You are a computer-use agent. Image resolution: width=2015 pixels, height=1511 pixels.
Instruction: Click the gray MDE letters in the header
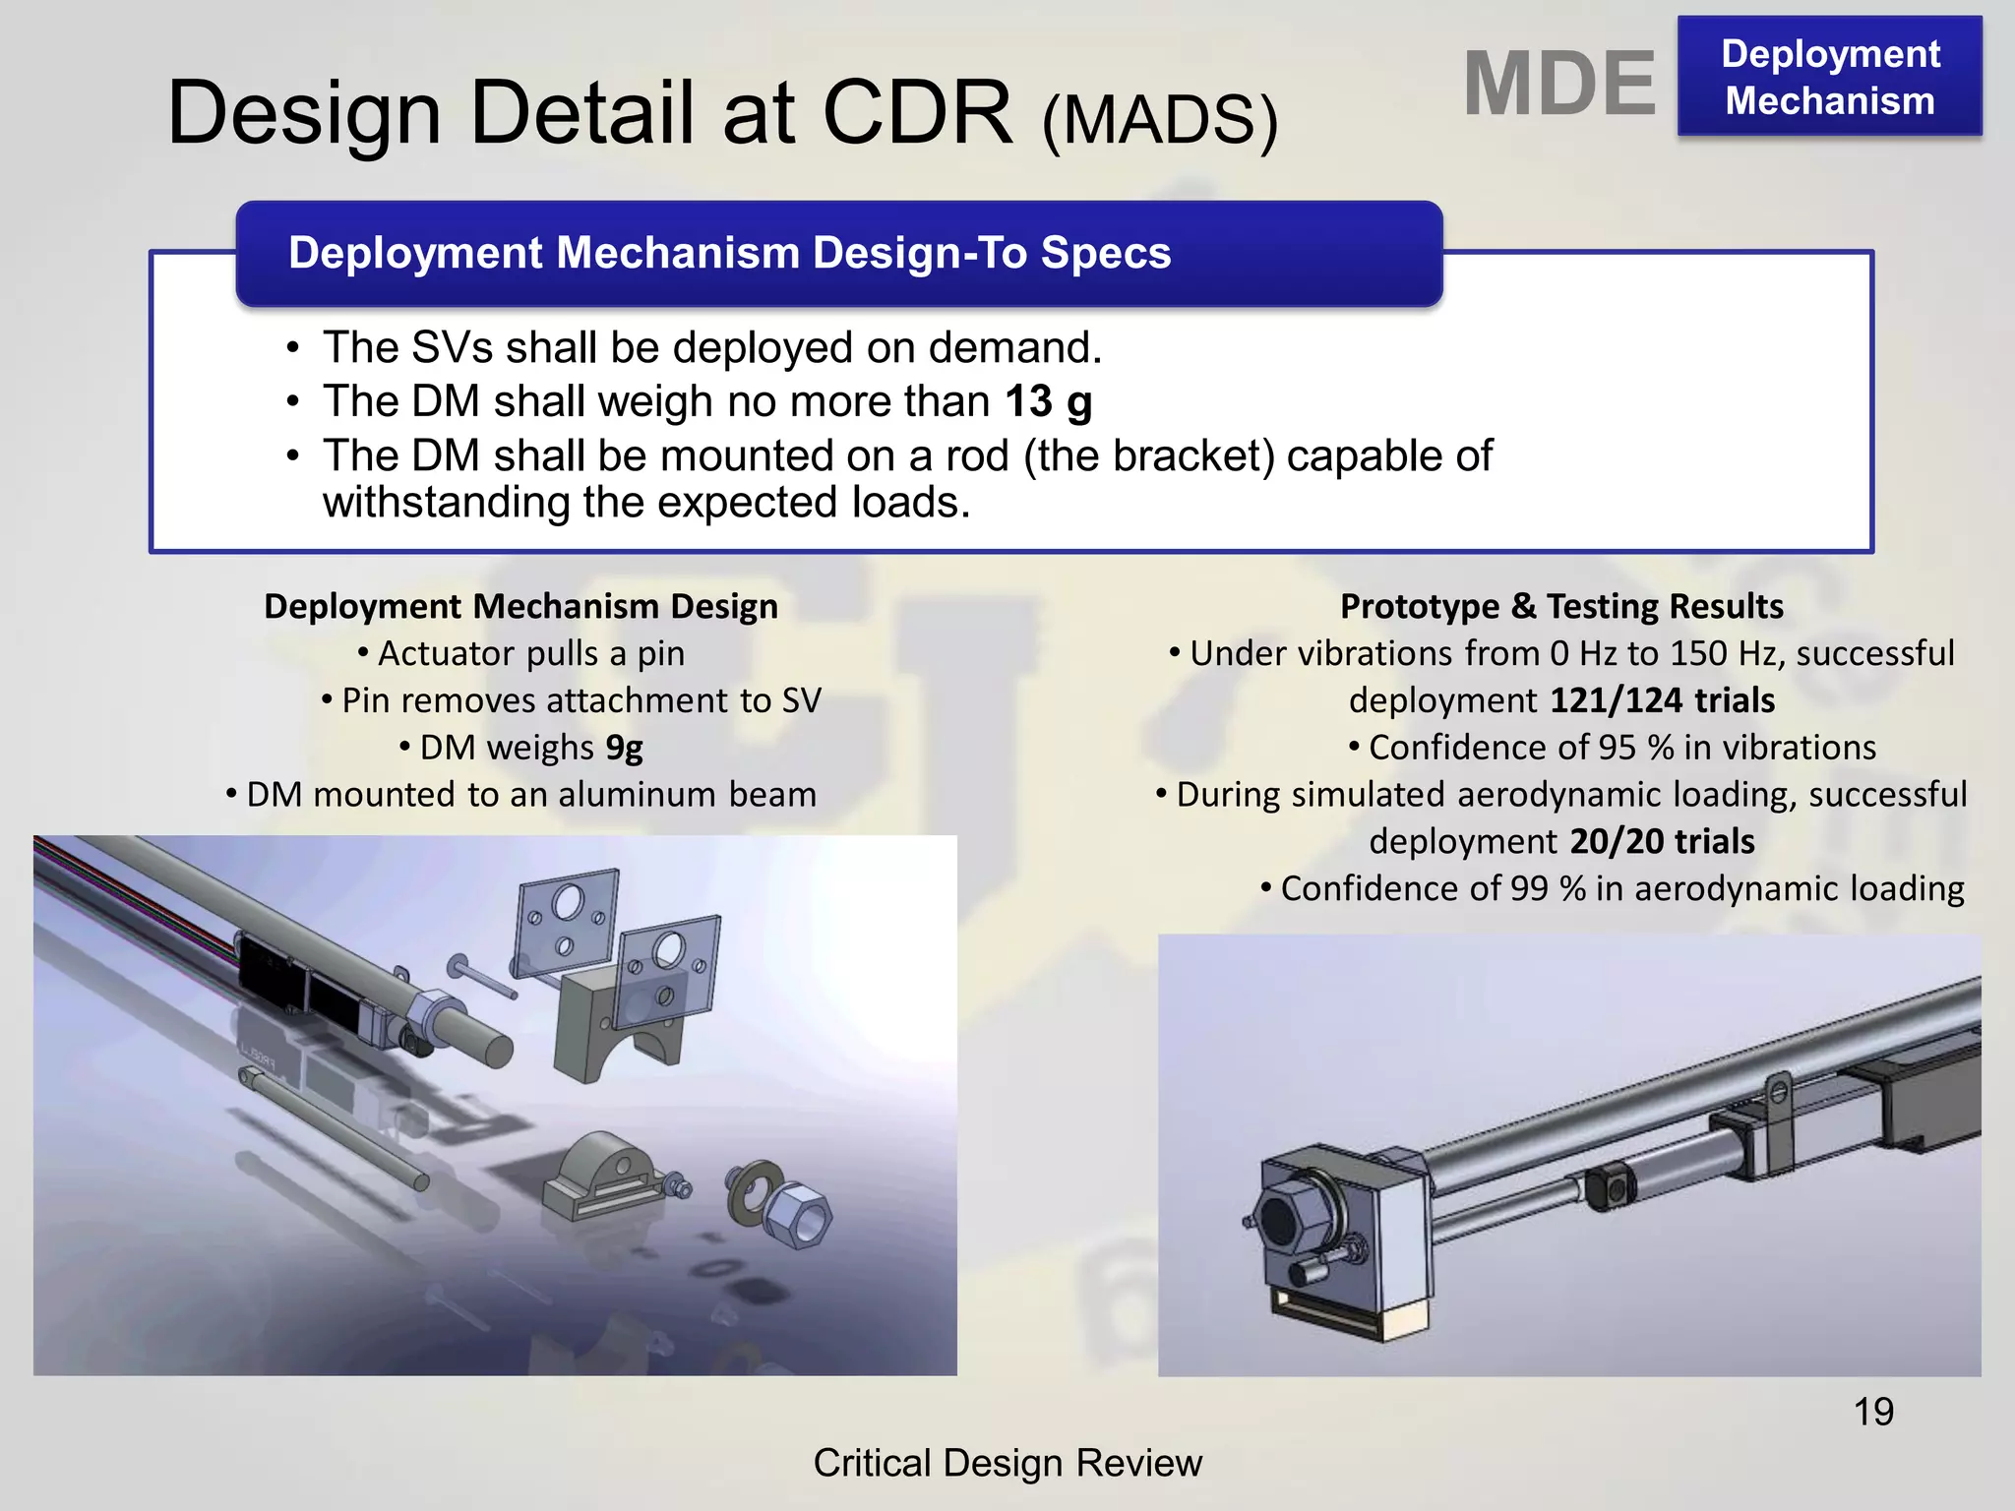1559,85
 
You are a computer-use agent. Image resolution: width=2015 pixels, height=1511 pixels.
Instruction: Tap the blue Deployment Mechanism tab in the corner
1830,77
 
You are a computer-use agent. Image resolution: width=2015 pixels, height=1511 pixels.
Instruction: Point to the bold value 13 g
1049,401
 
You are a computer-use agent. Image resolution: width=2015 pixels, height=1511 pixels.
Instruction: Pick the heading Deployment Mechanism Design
520,606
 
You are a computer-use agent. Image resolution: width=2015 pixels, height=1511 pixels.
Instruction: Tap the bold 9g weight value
624,748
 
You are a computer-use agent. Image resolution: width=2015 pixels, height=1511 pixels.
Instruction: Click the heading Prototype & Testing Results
1561,606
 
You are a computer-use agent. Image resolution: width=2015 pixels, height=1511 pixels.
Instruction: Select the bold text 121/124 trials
1662,700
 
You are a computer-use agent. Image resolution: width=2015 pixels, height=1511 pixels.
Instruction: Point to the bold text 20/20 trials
1662,842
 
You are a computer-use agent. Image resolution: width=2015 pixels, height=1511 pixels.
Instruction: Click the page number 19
1873,1412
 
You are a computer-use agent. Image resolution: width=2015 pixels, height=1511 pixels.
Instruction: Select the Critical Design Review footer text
1007,1463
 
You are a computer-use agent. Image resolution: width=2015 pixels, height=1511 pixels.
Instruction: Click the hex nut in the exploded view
798,1216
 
